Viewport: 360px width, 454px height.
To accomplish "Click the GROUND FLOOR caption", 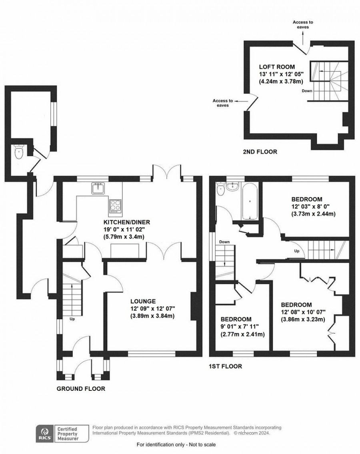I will tap(81, 388).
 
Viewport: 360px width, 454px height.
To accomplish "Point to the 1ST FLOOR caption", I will tap(225, 366).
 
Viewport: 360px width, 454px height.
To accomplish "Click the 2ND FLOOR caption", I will tap(260, 152).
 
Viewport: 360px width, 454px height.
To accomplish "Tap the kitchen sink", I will tap(98, 188).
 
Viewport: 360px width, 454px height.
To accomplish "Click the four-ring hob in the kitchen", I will tap(114, 205).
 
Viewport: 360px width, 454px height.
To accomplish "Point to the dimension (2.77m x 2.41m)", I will tap(242, 334).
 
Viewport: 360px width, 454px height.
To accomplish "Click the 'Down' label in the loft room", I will tap(307, 91).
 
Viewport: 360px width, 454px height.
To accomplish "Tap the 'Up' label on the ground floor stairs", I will tap(72, 319).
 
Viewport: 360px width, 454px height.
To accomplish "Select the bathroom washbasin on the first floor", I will tap(232, 187).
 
